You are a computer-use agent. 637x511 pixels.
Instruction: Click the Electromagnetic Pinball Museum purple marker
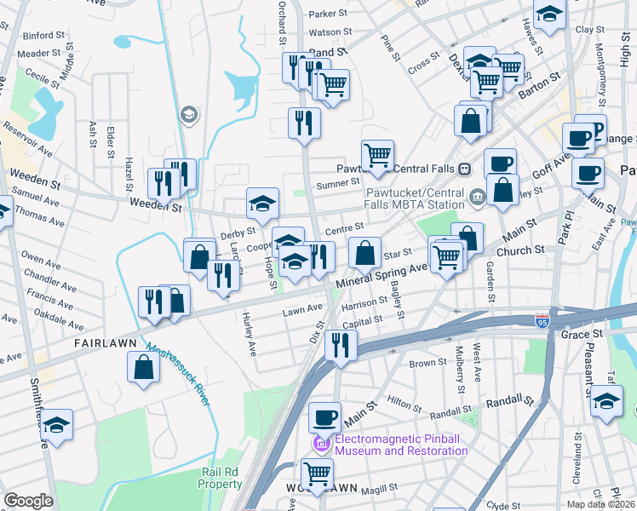322,445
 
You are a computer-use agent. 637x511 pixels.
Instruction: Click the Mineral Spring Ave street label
382,274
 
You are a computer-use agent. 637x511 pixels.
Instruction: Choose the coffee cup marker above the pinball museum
324,417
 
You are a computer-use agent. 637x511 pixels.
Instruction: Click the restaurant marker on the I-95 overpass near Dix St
340,345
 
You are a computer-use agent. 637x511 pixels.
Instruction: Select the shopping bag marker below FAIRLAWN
144,367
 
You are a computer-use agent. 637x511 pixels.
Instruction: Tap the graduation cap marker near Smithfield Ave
57,425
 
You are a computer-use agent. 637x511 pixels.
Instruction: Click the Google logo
28,501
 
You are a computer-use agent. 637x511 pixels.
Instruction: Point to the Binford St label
43,37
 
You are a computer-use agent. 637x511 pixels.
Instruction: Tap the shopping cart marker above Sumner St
376,155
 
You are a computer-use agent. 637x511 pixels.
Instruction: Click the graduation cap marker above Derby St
262,203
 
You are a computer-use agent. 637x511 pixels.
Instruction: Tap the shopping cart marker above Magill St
317,473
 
